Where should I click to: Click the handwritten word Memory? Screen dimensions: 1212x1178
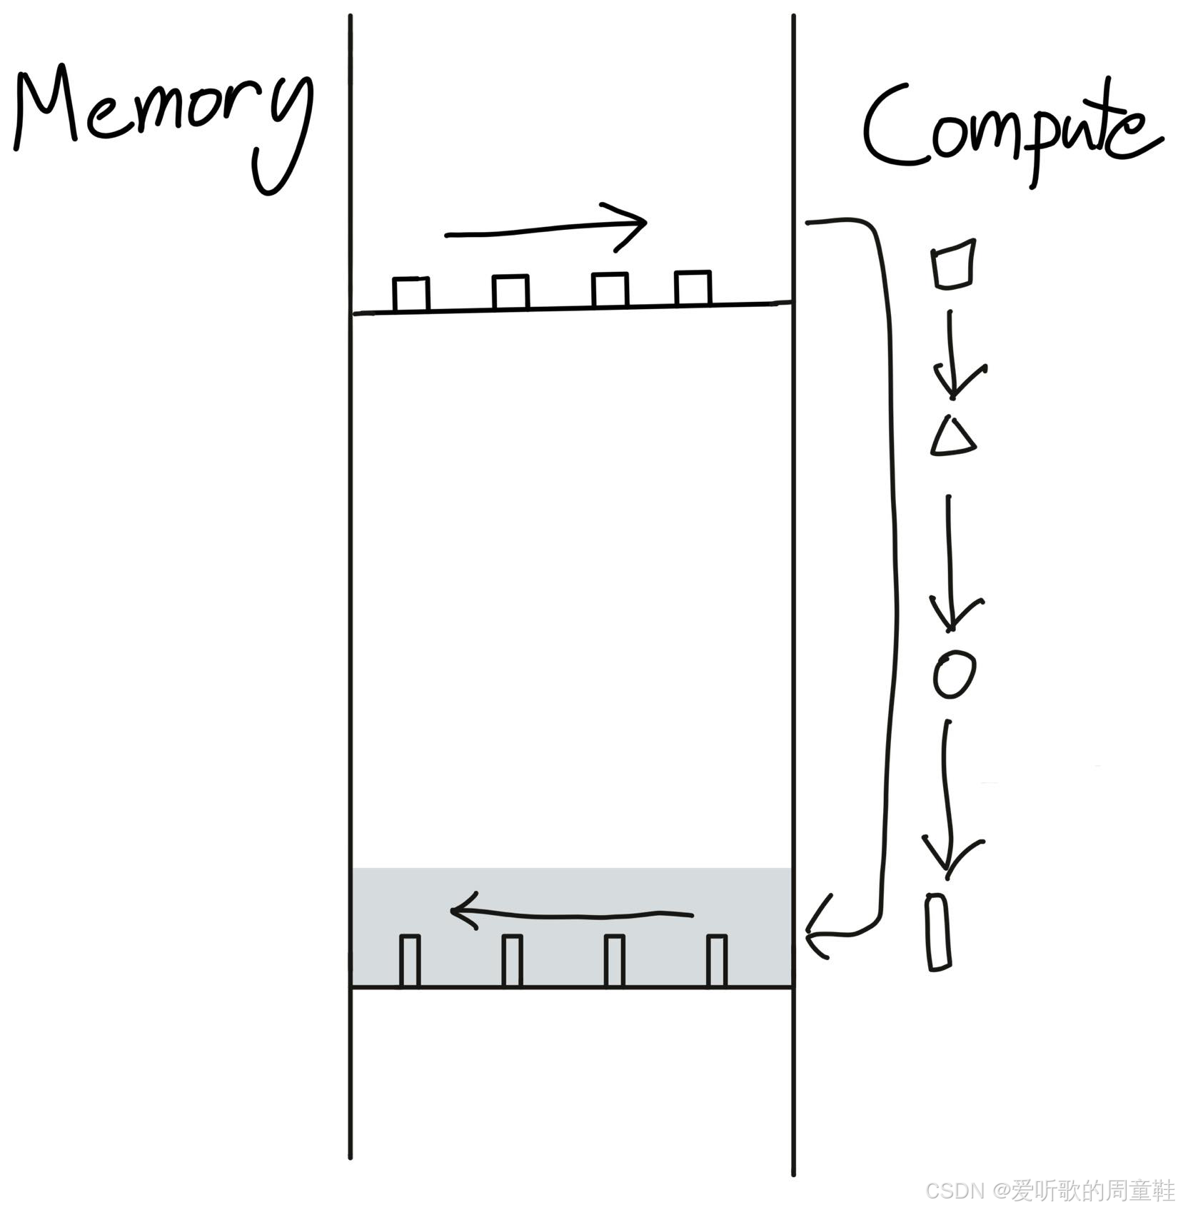point(161,118)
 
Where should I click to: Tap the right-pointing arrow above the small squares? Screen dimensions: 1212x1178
point(546,227)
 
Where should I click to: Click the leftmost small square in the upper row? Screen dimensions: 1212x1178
point(411,293)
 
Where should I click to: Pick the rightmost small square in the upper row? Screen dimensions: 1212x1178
point(693,288)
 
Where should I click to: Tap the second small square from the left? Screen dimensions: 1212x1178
point(510,292)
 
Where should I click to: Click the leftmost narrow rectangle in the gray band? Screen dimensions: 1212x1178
point(409,960)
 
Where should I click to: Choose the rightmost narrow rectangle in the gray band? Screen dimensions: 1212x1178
point(717,960)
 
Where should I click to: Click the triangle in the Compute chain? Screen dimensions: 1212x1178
point(953,437)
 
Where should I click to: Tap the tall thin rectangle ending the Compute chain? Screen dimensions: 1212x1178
point(939,931)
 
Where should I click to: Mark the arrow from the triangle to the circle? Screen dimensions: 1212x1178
point(950,564)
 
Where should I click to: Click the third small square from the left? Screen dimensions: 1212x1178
point(610,290)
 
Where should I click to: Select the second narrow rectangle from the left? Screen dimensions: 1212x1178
point(512,960)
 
